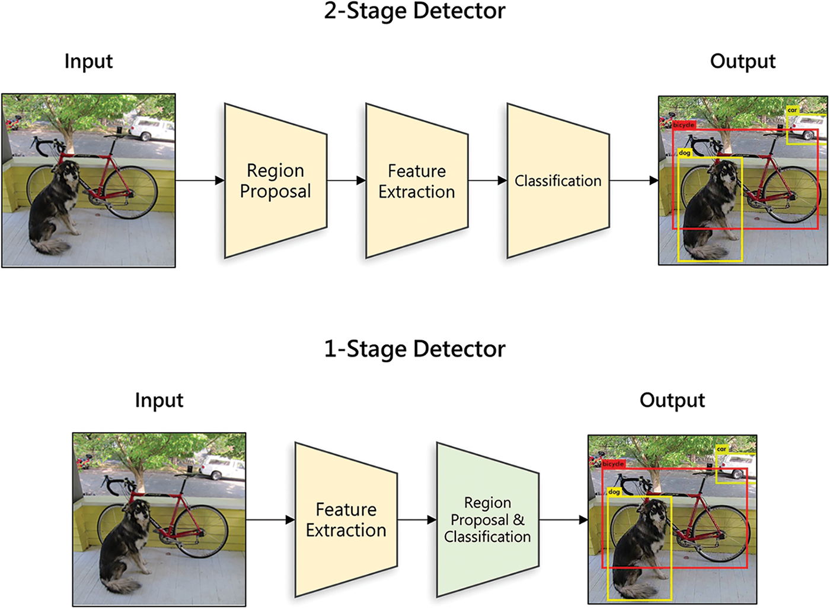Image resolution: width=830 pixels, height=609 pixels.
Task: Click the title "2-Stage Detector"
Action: point(414,11)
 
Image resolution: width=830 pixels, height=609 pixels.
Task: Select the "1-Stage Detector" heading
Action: point(414,349)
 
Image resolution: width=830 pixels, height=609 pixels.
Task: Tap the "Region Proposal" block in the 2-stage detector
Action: point(276,181)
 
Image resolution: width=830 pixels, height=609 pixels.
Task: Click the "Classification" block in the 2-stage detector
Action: point(558,181)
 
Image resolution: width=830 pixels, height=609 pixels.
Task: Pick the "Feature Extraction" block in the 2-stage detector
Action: point(417,181)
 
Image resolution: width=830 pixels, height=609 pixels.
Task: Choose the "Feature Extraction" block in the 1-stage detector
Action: point(346,520)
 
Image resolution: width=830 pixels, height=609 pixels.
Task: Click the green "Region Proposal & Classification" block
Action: point(487,520)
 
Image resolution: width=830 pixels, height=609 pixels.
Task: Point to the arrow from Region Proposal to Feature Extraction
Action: point(346,180)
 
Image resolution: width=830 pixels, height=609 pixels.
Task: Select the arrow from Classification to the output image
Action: point(634,180)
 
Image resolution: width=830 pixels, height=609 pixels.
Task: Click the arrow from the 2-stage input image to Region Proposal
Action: point(200,180)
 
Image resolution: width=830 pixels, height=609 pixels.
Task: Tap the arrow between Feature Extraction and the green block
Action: point(417,520)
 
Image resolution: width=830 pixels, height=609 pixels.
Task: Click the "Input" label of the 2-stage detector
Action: point(88,62)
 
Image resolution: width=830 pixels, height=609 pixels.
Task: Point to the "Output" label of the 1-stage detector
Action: point(672,401)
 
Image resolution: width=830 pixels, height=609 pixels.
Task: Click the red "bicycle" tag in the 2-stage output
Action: point(684,125)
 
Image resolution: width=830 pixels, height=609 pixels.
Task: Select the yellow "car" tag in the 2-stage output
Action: point(792,110)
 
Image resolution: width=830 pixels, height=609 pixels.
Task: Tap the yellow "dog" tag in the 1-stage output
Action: point(614,492)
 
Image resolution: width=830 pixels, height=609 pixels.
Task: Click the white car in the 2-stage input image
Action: point(152,128)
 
